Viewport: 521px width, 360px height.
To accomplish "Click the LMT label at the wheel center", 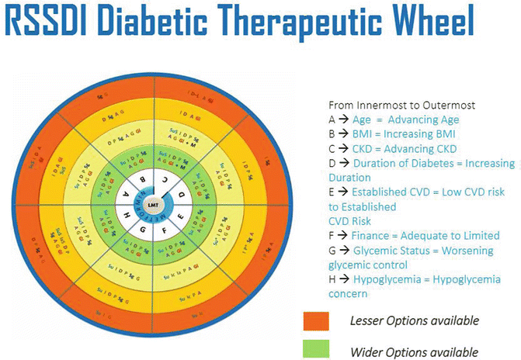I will pos(151,204).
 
